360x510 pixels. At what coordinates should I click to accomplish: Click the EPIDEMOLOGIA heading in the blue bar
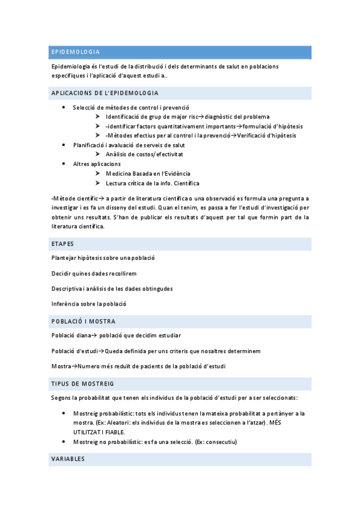[76, 52]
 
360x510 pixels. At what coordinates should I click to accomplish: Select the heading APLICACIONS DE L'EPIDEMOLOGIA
[105, 93]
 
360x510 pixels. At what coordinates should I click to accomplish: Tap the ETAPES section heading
[63, 244]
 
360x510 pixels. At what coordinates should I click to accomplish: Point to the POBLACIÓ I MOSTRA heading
[84, 321]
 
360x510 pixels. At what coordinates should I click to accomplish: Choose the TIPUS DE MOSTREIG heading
[83, 383]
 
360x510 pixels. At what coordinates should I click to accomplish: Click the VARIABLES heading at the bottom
[68, 459]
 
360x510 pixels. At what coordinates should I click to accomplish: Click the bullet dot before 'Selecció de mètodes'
[64, 107]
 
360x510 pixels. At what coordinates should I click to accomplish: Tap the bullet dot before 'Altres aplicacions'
[64, 164]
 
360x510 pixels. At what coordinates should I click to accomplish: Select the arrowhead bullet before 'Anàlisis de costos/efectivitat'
[97, 155]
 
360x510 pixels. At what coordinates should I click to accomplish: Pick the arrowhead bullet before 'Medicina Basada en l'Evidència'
[97, 174]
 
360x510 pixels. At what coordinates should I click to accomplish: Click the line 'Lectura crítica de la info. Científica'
[152, 183]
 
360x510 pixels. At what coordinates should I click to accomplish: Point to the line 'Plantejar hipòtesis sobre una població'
[103, 258]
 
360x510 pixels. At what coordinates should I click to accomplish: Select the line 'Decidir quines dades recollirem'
[94, 274]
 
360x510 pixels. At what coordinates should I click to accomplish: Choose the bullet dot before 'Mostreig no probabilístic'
[64, 442]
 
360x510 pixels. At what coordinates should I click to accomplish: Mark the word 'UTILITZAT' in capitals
[88, 432]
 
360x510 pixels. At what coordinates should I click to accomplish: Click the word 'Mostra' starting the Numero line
[61, 366]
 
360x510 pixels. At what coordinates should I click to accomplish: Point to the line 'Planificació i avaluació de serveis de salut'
[129, 146]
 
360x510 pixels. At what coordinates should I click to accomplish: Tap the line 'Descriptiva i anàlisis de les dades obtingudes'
[112, 289]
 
